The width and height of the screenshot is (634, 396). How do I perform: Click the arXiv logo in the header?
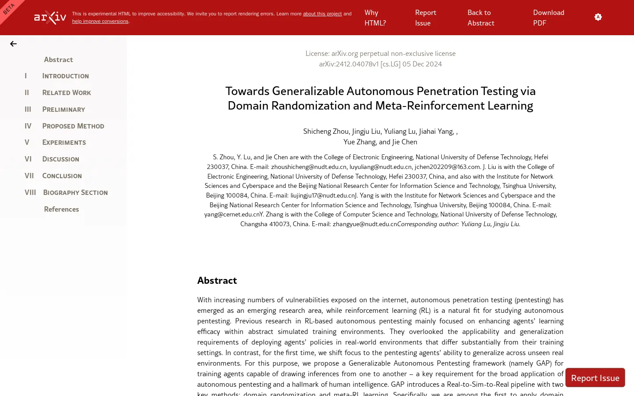[50, 18]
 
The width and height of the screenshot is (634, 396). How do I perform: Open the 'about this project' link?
[322, 14]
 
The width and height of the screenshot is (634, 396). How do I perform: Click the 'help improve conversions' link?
[100, 21]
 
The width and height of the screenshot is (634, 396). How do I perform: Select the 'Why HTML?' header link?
[375, 18]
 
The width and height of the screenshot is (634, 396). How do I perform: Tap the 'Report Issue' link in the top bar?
[425, 18]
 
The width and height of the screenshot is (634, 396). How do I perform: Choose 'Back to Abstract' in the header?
[481, 18]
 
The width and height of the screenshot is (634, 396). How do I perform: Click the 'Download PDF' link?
[548, 18]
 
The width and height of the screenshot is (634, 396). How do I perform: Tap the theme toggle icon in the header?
[598, 17]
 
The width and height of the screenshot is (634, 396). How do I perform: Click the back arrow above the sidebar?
[13, 44]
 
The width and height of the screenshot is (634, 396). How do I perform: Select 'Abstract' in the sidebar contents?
[58, 59]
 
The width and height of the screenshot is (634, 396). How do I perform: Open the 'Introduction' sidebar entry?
[65, 76]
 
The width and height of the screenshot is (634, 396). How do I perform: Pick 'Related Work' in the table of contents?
[66, 93]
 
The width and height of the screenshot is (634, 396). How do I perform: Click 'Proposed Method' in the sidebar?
[73, 126]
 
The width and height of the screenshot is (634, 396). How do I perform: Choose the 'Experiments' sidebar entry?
[64, 143]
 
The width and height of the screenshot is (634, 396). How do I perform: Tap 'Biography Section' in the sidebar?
[75, 193]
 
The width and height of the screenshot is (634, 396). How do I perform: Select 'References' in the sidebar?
[61, 209]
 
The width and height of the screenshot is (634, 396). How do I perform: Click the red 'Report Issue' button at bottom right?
[595, 378]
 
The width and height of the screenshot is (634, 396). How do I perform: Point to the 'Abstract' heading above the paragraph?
[217, 280]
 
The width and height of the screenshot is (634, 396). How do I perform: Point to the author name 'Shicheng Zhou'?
[326, 131]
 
